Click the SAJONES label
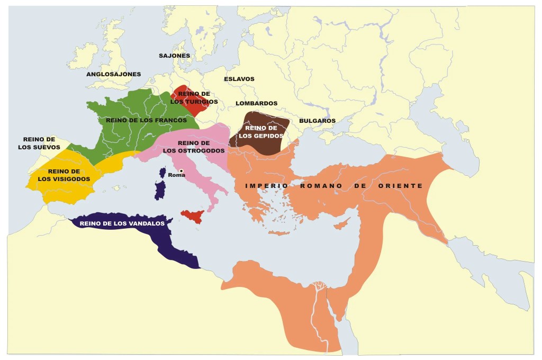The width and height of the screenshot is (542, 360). [x=174, y=56]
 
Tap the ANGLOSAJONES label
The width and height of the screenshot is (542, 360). [x=113, y=74]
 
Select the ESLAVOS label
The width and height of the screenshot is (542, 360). [x=239, y=79]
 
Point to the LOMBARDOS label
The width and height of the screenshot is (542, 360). [x=256, y=103]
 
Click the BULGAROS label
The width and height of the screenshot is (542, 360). [x=317, y=121]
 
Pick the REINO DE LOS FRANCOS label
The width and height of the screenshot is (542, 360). [x=146, y=120]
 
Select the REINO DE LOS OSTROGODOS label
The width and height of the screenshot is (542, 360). [x=194, y=147]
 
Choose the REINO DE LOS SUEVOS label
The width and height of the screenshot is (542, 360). [x=39, y=143]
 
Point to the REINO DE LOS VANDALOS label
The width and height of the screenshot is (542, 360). [x=122, y=223]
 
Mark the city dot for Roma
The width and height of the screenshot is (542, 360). [x=181, y=170]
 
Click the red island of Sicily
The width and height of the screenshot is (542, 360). [x=193, y=216]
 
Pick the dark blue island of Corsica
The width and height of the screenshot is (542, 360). [x=162, y=173]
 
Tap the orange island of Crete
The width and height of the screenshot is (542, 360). [x=280, y=232]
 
